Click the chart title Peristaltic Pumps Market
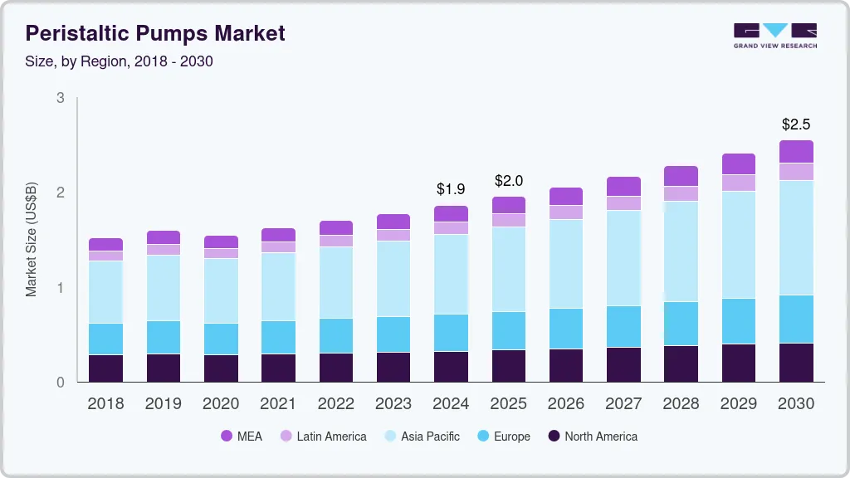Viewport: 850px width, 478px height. [155, 33]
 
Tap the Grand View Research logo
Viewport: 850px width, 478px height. [774, 36]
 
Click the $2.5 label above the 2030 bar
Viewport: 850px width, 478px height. [796, 124]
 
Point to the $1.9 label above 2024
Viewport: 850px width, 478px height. [452, 189]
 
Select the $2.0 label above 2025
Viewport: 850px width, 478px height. [509, 180]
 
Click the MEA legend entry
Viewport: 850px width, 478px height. [242, 436]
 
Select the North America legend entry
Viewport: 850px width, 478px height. [592, 436]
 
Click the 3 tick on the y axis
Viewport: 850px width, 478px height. [61, 98]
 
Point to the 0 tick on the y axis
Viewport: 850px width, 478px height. [61, 383]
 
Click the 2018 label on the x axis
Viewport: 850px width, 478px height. [105, 403]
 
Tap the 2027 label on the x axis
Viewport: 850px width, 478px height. [623, 403]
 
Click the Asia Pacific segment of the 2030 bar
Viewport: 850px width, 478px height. [796, 237]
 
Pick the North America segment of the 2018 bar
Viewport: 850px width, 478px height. [105, 368]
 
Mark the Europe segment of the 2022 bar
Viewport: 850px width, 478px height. [336, 335]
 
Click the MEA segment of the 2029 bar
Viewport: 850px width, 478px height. [739, 164]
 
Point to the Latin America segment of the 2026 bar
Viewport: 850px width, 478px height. [566, 212]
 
